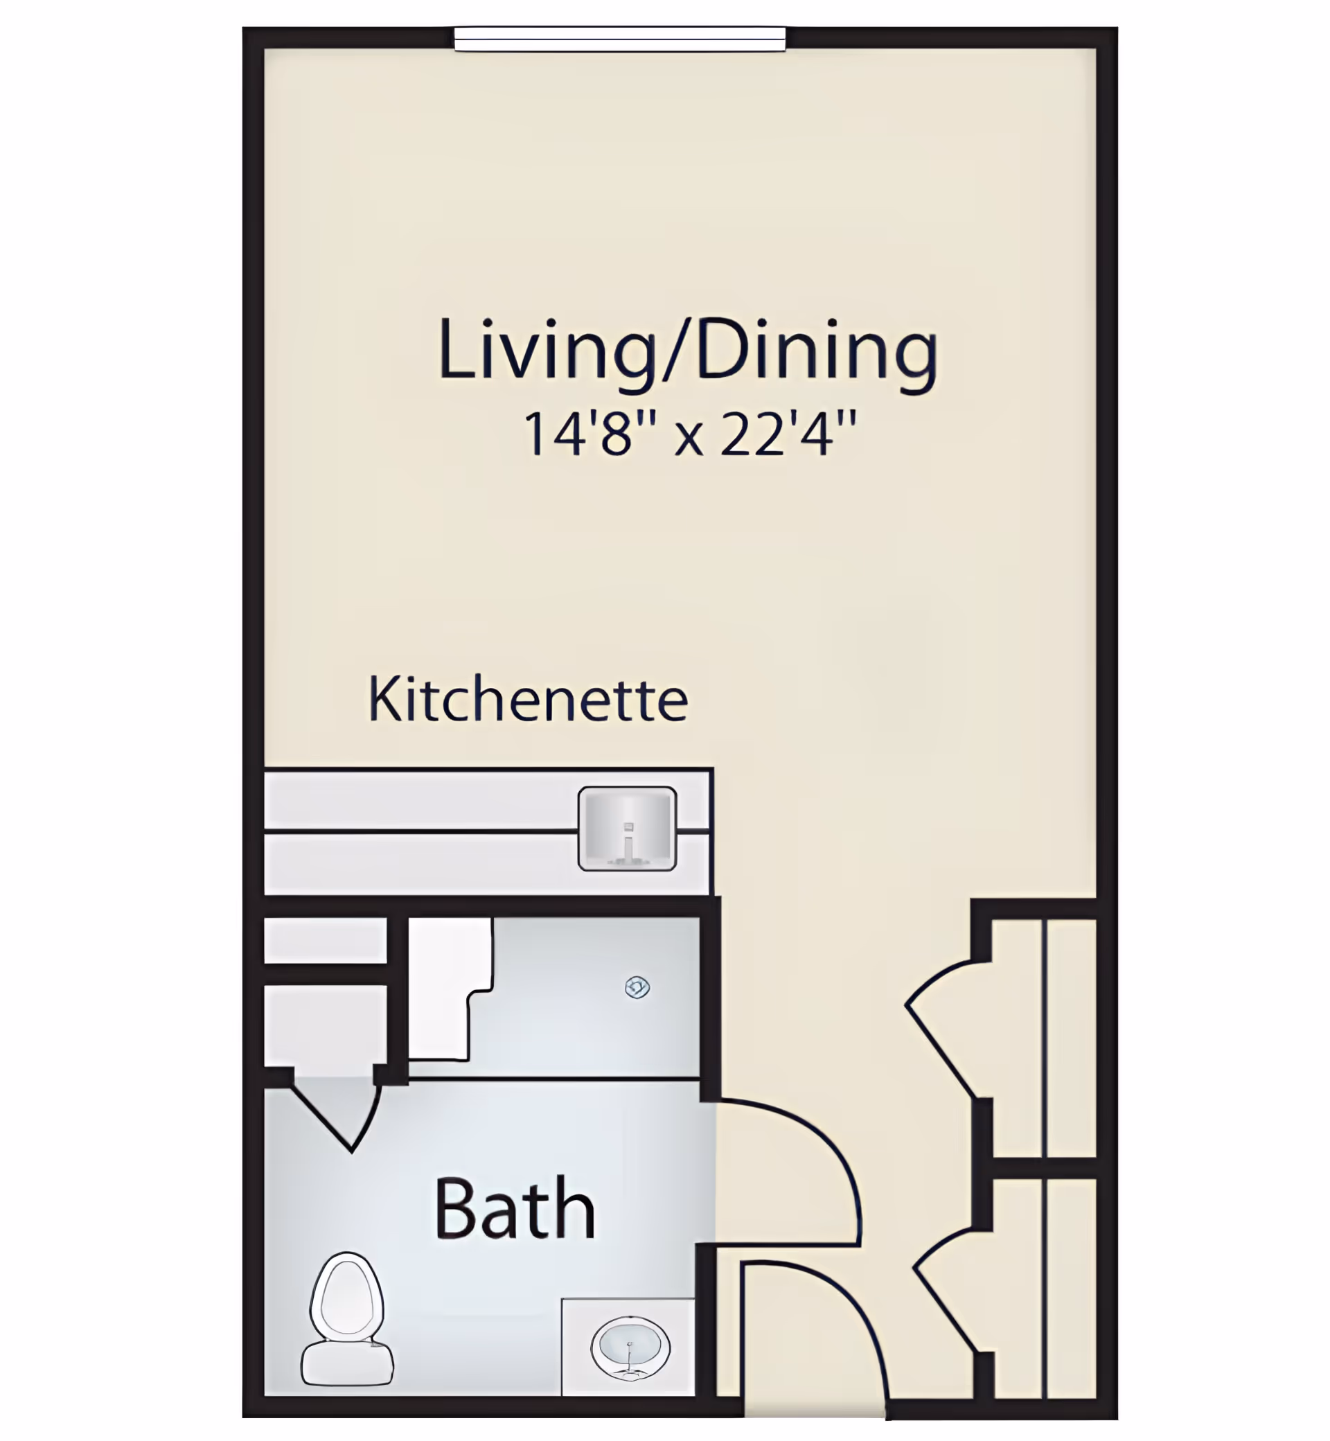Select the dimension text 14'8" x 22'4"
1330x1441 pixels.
pyautogui.click(x=689, y=434)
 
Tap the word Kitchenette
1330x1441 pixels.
pyautogui.click(x=528, y=700)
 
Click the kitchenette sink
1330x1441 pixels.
pyautogui.click(x=627, y=828)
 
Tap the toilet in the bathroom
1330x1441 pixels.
pyautogui.click(x=347, y=1317)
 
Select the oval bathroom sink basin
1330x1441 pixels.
pyautogui.click(x=630, y=1347)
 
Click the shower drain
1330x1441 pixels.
pyautogui.click(x=637, y=987)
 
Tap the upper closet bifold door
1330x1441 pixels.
pyautogui.click(x=943, y=1029)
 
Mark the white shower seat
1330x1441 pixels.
pyautogui.click(x=446, y=986)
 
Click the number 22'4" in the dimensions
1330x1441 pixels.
pyautogui.click(x=788, y=434)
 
